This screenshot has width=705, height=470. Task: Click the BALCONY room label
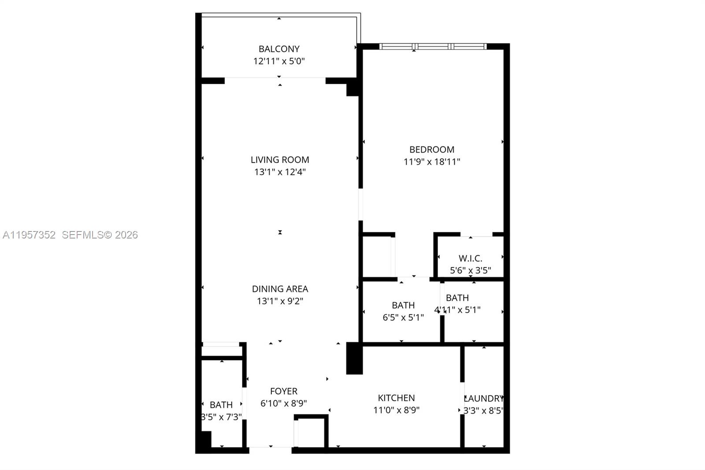point(279,49)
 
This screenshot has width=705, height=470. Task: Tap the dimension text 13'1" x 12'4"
point(280,172)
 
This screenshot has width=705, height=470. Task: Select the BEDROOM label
point(431,149)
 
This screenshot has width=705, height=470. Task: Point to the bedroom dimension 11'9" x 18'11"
point(431,162)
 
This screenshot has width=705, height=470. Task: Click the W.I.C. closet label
point(470,258)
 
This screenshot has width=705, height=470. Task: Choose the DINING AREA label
point(280,289)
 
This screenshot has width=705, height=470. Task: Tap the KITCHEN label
point(396,398)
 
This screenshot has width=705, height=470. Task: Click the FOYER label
point(283,391)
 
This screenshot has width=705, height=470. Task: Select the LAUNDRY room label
point(483,399)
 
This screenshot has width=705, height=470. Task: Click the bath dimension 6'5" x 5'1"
point(403,317)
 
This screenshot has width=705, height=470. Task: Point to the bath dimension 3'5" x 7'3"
point(221,417)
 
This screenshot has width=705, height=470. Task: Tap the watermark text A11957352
point(29,235)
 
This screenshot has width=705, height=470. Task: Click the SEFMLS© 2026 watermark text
point(100,235)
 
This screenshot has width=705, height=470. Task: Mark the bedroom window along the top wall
point(433,46)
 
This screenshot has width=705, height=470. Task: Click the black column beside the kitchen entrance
point(354,358)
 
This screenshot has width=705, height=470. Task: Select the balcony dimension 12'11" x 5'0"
point(279,61)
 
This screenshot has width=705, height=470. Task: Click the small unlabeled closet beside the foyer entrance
point(311,432)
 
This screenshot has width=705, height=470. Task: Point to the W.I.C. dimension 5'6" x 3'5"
point(470,270)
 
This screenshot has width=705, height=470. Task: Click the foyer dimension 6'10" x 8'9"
point(283,403)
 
